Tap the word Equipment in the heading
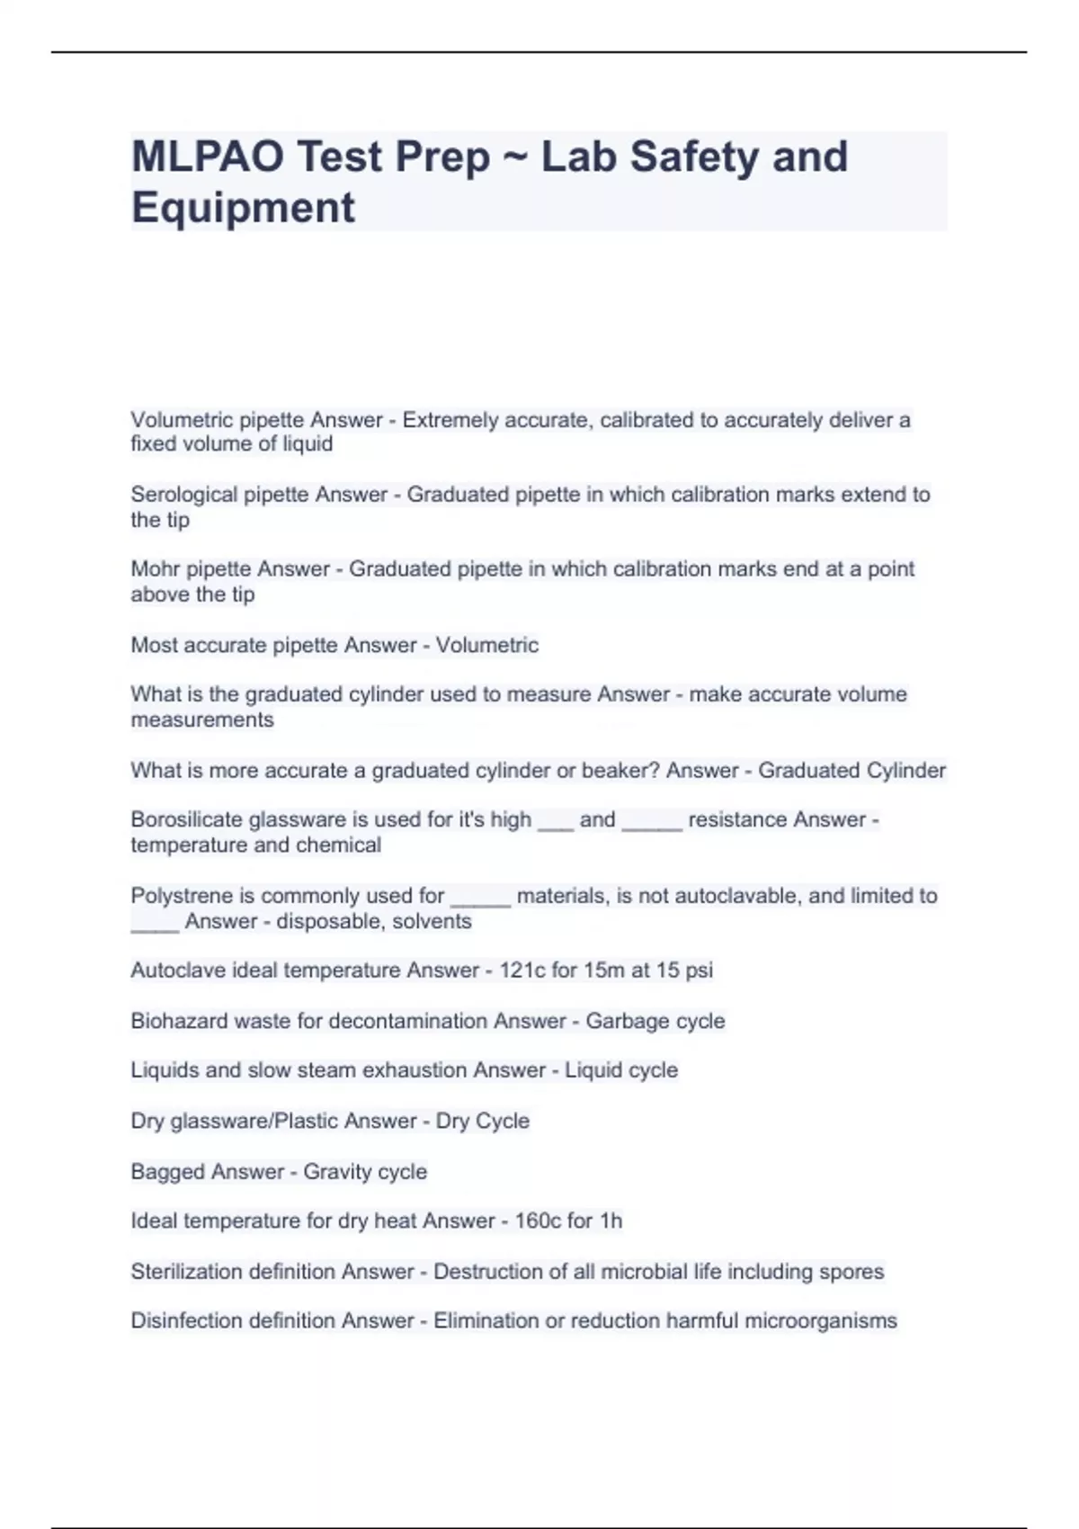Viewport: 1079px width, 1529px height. pos(243,208)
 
